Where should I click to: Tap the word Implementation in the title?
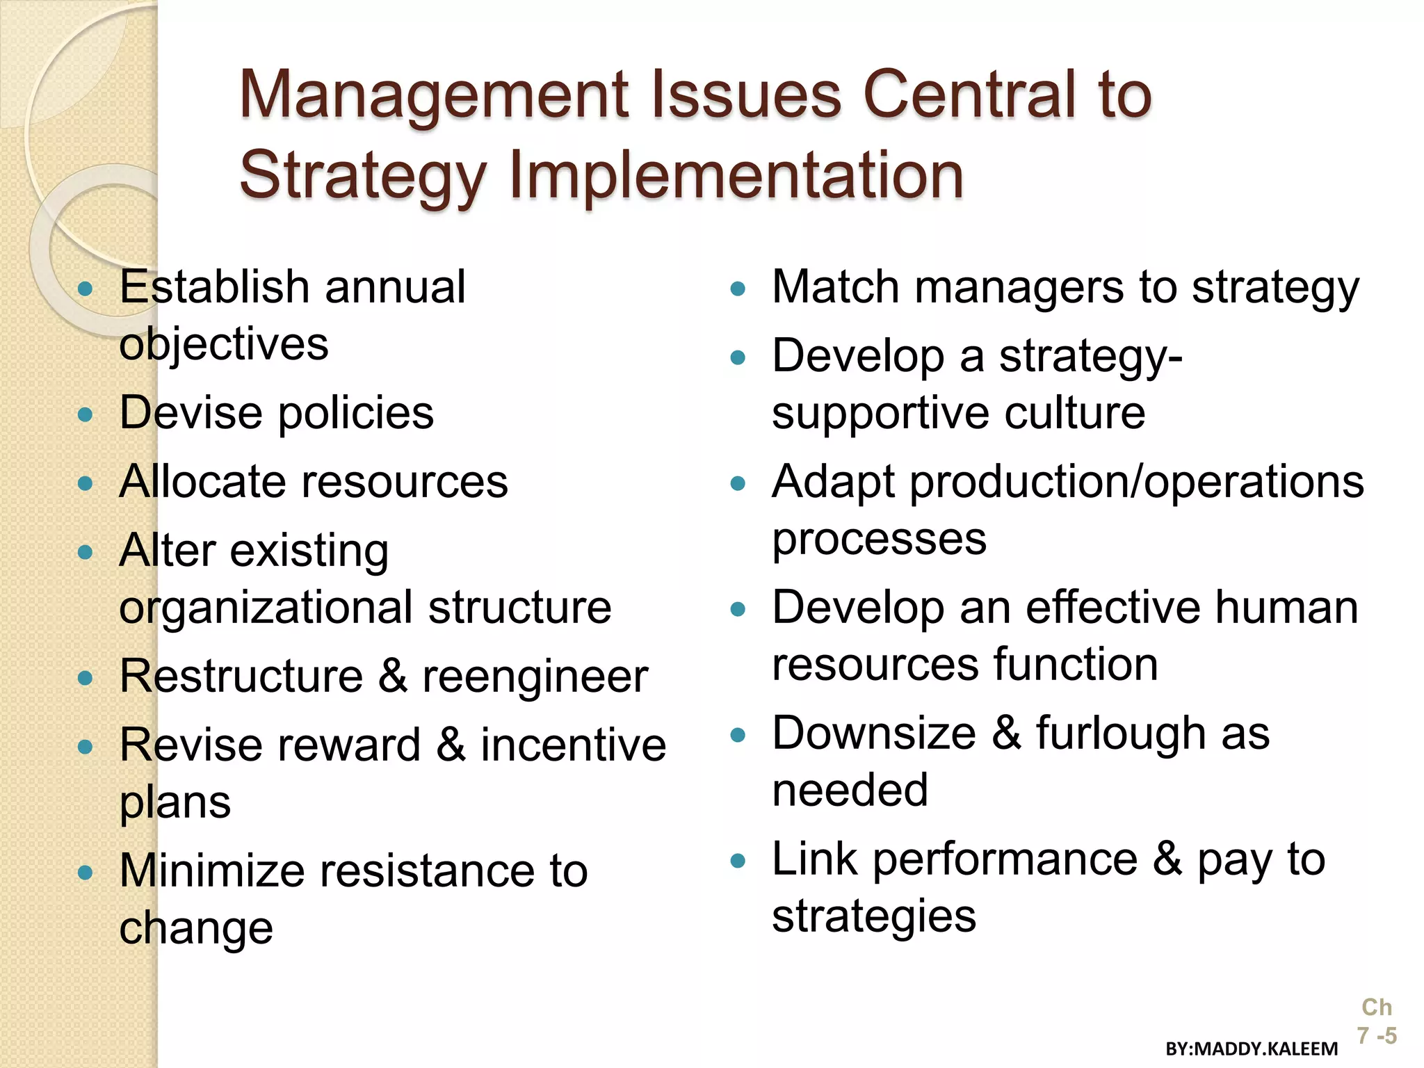(x=737, y=175)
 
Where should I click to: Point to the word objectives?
(x=224, y=345)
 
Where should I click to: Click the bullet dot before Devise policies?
(x=86, y=415)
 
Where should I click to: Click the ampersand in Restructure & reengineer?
(x=394, y=676)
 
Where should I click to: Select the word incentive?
(x=574, y=745)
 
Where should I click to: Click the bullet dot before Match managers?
(x=738, y=289)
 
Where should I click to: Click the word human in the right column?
(x=1286, y=608)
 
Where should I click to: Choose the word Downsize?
(x=874, y=734)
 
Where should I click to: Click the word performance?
(x=1005, y=859)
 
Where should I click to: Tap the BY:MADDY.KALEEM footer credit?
(x=1252, y=1049)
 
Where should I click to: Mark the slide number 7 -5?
(x=1377, y=1035)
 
